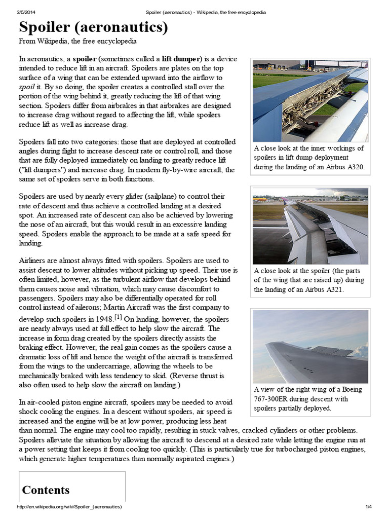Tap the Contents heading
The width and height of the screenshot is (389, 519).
46,490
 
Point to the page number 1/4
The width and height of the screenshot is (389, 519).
368,507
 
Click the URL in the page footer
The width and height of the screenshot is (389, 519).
69,507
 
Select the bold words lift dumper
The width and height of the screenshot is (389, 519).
181,59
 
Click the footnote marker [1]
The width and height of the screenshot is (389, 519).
118,317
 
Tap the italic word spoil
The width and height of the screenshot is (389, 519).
26,87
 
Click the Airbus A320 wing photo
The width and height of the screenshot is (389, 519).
310,101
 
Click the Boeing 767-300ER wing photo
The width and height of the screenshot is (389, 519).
310,347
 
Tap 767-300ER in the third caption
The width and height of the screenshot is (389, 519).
271,399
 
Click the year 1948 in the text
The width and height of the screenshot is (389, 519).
102,320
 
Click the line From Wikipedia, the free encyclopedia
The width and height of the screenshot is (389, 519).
77,41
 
